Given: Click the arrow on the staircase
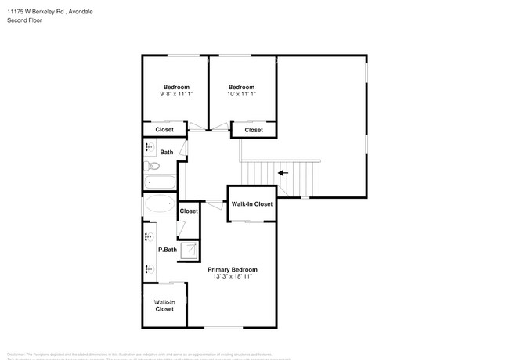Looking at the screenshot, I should click(x=283, y=173).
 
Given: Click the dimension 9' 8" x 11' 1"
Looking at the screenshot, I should click(x=175, y=94).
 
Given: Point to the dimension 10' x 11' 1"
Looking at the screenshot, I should click(x=241, y=94).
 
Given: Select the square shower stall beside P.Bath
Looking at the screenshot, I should click(x=189, y=250).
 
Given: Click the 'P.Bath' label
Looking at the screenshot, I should click(x=166, y=250).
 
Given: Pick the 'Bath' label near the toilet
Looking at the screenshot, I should click(x=167, y=152).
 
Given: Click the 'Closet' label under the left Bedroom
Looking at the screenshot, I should click(x=164, y=130).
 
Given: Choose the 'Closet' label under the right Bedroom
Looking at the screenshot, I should click(x=254, y=130).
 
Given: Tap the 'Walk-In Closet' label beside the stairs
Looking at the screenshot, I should click(x=251, y=204).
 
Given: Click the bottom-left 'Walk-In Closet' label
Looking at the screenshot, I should click(x=164, y=305).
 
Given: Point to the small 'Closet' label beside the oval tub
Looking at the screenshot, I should click(x=189, y=211).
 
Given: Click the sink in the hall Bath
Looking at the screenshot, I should click(x=149, y=147).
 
